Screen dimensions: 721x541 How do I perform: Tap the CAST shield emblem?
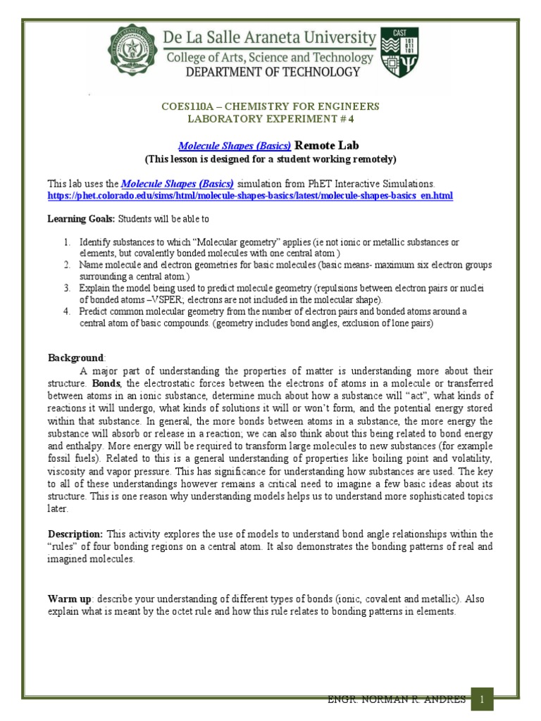click(399, 53)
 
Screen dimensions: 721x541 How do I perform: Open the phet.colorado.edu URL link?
click(250, 195)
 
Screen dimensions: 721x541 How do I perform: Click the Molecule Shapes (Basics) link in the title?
click(235, 146)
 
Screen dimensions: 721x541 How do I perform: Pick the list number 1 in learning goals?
click(66, 242)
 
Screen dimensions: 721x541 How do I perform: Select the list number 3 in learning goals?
click(66, 288)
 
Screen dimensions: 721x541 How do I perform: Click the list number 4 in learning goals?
click(66, 311)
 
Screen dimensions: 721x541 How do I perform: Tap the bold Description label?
click(75, 534)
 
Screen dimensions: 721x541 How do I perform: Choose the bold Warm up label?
click(69, 598)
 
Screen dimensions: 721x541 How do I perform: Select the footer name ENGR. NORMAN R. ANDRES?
click(397, 699)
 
